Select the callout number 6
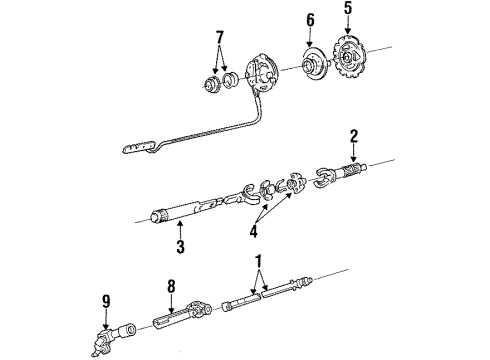(310, 19)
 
